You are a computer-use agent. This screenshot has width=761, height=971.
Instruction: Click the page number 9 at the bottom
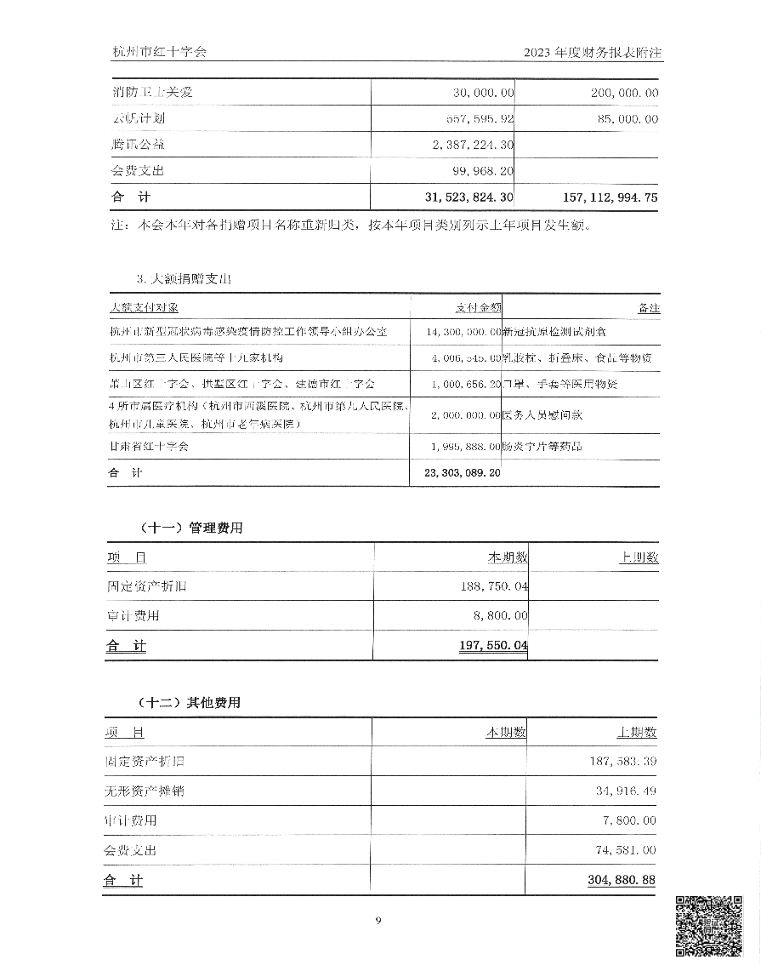coord(379,920)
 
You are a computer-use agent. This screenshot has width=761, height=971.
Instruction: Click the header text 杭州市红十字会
coord(159,52)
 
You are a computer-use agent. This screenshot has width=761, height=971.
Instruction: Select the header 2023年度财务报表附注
coord(593,52)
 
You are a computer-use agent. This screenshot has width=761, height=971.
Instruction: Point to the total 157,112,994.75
coord(610,197)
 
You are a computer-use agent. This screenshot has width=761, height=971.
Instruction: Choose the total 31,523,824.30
coord(469,197)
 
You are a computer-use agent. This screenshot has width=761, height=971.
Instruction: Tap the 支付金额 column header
coord(478,307)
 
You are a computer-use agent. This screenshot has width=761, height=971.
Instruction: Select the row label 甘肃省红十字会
coord(149,446)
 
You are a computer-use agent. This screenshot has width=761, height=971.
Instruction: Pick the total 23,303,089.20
coord(457,472)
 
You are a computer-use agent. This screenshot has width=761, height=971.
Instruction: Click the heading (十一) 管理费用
coord(190,528)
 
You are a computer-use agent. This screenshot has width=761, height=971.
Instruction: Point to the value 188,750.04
coord(491,587)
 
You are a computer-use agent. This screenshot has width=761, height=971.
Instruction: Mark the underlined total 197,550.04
coord(493,646)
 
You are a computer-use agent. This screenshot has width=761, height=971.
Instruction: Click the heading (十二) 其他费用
coord(190,703)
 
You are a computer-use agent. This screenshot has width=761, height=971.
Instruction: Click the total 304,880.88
coord(621,880)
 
